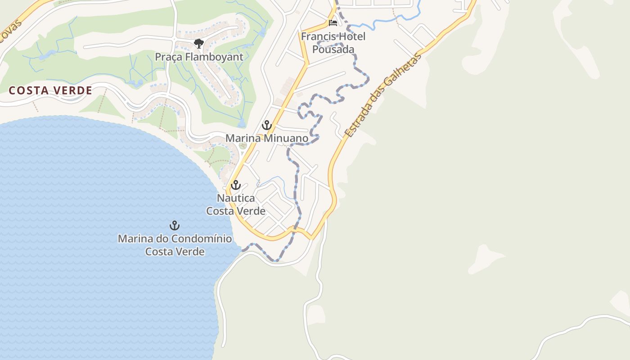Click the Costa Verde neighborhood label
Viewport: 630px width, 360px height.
click(50, 90)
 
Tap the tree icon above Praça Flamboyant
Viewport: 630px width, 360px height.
click(198, 44)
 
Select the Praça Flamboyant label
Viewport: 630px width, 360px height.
click(199, 57)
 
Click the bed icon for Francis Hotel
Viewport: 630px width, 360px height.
click(333, 23)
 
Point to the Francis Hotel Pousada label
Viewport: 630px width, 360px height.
click(333, 43)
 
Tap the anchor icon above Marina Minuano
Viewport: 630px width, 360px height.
click(267, 125)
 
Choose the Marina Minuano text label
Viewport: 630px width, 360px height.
click(267, 138)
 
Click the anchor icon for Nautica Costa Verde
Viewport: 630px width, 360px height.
click(235, 185)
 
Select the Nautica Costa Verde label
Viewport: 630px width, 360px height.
click(235, 204)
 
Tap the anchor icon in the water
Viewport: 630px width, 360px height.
click(174, 225)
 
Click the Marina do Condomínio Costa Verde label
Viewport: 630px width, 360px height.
click(175, 245)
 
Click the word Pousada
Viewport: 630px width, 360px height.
click(333, 49)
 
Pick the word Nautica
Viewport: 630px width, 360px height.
click(235, 198)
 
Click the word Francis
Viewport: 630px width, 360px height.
click(318, 36)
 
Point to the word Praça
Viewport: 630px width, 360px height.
click(168, 57)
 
